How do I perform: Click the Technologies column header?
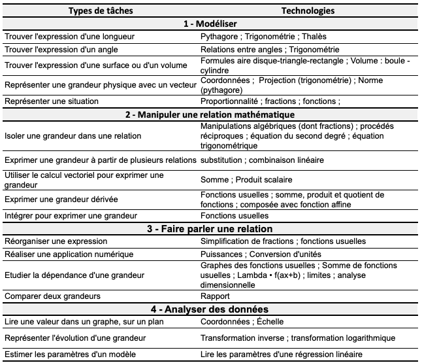(x=308, y=11)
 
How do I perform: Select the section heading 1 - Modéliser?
(x=212, y=24)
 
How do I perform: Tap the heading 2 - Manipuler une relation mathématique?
(x=212, y=114)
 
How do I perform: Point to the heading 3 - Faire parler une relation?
(x=212, y=229)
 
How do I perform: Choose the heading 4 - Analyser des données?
(x=212, y=309)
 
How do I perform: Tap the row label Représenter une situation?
(x=52, y=101)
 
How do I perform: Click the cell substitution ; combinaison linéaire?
(x=263, y=160)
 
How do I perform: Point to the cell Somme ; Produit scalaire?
(x=246, y=179)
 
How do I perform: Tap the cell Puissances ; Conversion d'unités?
(x=261, y=254)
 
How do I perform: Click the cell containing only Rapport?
(x=215, y=296)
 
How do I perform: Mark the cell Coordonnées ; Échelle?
(x=243, y=321)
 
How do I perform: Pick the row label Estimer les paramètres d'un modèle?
(x=70, y=354)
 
